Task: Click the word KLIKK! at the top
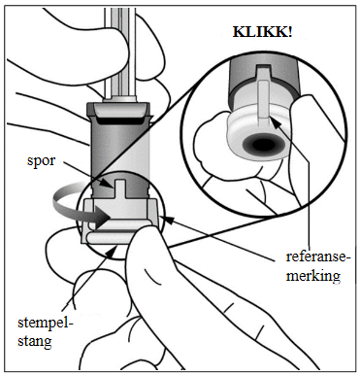[262, 32]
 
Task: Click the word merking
[313, 276]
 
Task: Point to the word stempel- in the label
[46, 323]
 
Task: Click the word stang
[35, 341]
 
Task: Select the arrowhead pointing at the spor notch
[109, 185]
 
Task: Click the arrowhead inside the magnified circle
[275, 123]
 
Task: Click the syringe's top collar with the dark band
[118, 113]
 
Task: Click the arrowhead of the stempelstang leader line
[114, 251]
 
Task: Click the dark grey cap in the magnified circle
[263, 78]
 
